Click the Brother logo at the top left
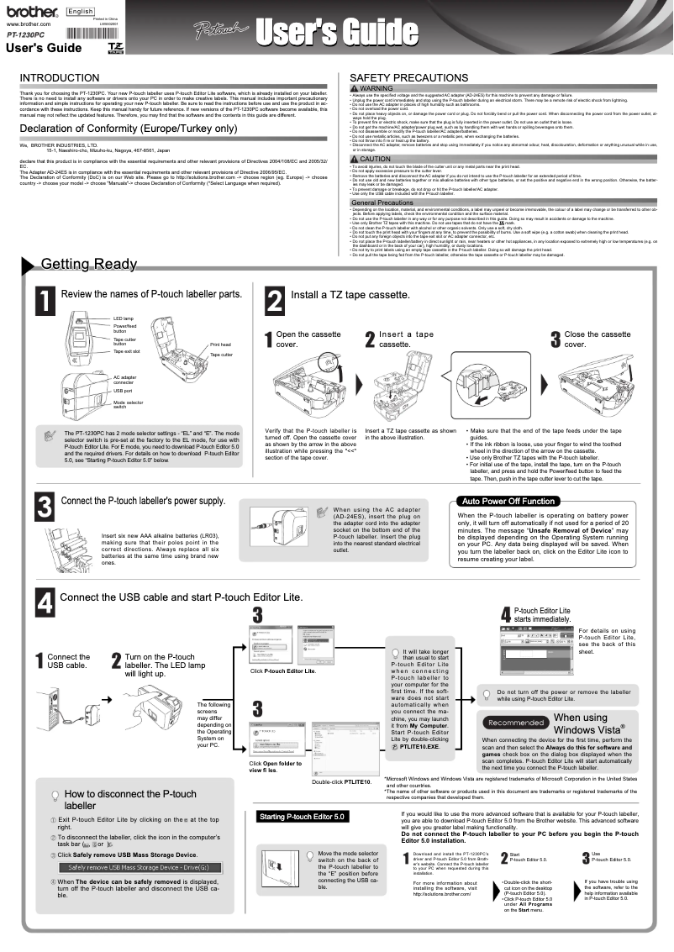(x=32, y=13)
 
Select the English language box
(x=81, y=12)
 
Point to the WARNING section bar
(x=504, y=88)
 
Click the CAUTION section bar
(x=504, y=158)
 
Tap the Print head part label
(x=220, y=345)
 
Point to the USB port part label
(x=123, y=391)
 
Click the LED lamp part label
(x=124, y=319)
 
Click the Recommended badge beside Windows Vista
(x=516, y=723)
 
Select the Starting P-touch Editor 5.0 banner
(x=302, y=817)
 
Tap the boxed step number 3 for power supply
(x=45, y=506)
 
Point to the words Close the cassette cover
(x=597, y=339)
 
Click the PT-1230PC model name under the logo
(x=26, y=37)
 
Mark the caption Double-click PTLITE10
(x=341, y=781)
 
